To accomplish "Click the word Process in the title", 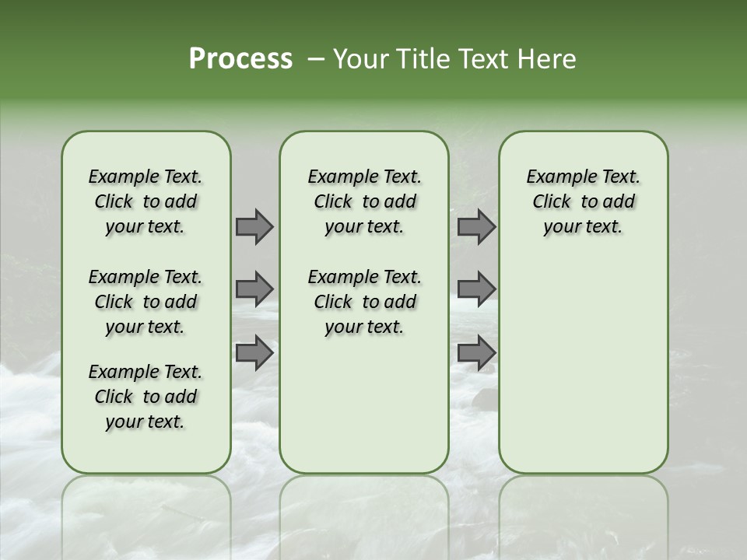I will click(240, 59).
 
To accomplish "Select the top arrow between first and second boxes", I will click(254, 226).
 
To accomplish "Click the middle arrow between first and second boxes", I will click(254, 289).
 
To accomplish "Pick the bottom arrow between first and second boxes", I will click(254, 352).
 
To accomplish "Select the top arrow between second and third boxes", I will click(476, 226).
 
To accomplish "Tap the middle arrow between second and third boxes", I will click(476, 289).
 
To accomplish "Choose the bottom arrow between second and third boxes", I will click(476, 352).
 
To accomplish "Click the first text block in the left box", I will click(146, 201).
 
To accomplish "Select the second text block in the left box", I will click(146, 302).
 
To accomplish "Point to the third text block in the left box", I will click(146, 397).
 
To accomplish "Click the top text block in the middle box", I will click(364, 201).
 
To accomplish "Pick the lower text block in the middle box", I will click(364, 302).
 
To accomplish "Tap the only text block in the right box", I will click(583, 201).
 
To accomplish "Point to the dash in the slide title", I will click(315, 60).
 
